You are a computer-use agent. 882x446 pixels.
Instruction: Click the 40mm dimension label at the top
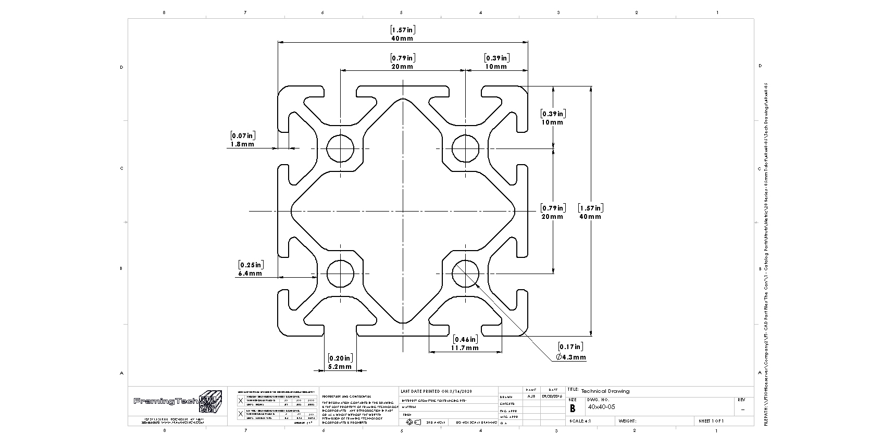402,39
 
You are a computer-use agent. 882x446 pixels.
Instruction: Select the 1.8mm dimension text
242,144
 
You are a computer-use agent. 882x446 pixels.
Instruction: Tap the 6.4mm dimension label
250,273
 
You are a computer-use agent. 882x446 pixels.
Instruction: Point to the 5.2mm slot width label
340,367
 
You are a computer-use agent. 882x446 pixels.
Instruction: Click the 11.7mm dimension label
465,348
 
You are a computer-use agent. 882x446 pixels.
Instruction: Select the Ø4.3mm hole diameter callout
571,357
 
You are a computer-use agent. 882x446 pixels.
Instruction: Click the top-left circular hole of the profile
341,148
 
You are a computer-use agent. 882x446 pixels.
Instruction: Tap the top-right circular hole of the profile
465,148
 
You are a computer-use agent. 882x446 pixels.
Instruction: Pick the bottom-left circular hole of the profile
341,273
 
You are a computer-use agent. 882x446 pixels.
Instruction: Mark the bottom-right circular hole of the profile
465,273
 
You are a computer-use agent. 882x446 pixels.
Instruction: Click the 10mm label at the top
496,67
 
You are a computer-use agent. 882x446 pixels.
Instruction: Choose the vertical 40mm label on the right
590,216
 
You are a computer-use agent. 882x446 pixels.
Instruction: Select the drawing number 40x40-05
601,407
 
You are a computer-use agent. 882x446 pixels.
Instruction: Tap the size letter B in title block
573,408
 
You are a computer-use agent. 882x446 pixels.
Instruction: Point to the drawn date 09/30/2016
552,396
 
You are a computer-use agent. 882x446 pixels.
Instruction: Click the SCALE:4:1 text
580,421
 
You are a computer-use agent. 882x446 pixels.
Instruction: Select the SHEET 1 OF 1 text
711,421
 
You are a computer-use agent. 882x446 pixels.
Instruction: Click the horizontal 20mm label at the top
402,67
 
